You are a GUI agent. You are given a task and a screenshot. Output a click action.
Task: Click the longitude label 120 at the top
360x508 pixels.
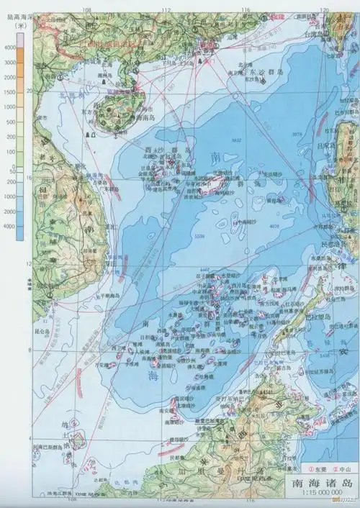pos(324,9)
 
